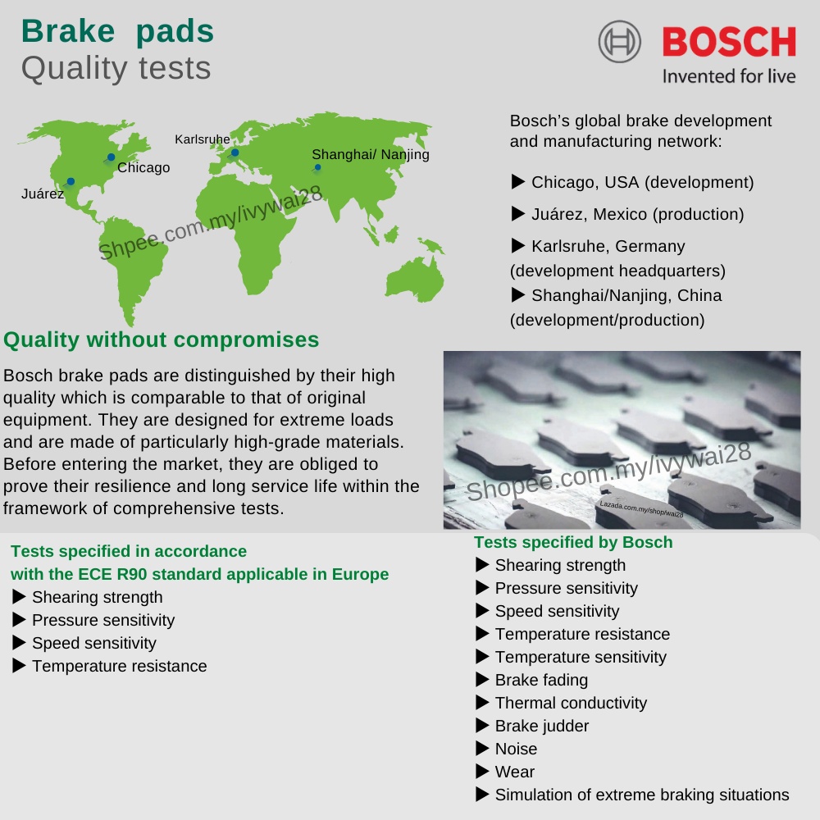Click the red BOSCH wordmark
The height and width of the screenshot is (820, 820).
click(x=728, y=42)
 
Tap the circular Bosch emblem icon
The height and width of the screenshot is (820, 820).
click(x=619, y=42)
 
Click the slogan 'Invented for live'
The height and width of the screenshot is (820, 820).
click(x=728, y=76)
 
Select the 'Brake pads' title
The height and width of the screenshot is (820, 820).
click(x=117, y=30)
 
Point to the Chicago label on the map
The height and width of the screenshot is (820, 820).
click(x=143, y=168)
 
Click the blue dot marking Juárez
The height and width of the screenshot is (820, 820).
click(x=71, y=181)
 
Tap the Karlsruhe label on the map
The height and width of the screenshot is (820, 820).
click(x=202, y=139)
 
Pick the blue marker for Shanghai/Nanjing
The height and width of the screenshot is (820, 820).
click(x=317, y=167)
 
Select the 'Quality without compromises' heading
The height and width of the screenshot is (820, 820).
click(x=162, y=339)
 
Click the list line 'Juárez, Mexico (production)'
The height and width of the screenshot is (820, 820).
click(x=637, y=214)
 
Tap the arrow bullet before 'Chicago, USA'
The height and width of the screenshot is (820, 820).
click(x=517, y=181)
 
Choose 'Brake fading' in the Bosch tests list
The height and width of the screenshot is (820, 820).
click(x=541, y=680)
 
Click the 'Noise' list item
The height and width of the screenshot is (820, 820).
click(x=516, y=749)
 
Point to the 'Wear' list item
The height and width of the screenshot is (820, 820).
click(x=514, y=772)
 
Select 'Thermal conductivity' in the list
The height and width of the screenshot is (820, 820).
click(x=571, y=703)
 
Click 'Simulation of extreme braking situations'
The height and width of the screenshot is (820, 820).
click(x=641, y=795)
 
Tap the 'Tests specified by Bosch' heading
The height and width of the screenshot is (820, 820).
click(x=573, y=542)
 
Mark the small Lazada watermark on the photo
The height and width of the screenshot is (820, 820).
click(x=641, y=508)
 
